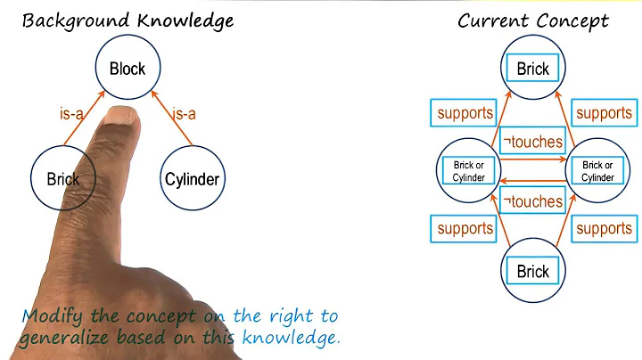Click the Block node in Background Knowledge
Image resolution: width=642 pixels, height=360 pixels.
click(x=127, y=68)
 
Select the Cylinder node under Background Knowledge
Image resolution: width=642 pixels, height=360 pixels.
click(x=192, y=179)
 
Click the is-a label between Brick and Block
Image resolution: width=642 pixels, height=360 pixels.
click(x=70, y=113)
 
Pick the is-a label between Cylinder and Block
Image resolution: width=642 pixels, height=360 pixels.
click(x=183, y=113)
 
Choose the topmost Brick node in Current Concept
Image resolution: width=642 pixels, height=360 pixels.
click(x=533, y=68)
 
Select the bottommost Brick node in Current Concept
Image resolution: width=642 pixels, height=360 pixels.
click(x=533, y=272)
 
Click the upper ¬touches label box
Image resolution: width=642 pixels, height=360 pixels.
click(x=533, y=140)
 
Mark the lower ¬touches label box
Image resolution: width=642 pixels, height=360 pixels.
click(x=533, y=200)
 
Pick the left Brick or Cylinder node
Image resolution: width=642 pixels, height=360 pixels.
click(x=469, y=170)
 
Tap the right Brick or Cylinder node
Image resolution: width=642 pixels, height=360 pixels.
click(x=597, y=170)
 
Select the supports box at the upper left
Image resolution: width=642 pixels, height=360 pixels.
click(x=465, y=113)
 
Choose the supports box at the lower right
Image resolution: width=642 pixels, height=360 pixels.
click(x=604, y=229)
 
